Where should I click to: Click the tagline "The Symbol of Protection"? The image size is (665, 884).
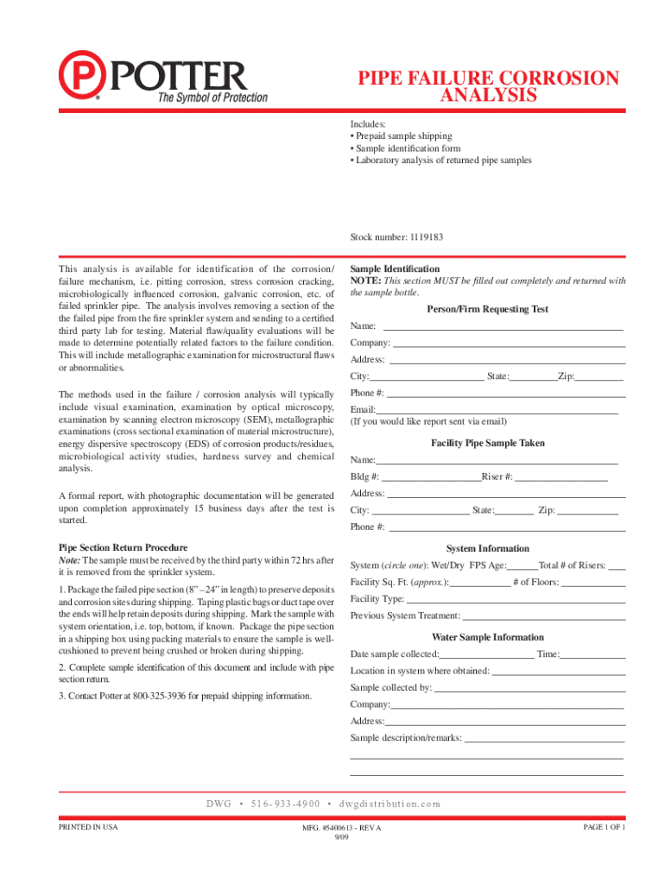point(212,98)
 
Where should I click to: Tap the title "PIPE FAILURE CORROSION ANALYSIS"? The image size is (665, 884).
point(488,86)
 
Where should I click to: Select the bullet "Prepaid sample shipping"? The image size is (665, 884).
point(403,136)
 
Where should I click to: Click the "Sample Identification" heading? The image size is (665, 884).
point(395,269)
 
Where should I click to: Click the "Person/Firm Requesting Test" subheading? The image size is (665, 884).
point(487,309)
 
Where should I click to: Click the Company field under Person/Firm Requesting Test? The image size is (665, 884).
point(509,344)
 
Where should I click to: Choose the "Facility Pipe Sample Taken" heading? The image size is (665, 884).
point(487,443)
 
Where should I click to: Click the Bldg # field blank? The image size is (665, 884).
point(430,477)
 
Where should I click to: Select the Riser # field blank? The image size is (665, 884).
point(561,477)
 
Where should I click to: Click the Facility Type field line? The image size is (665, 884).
point(515,599)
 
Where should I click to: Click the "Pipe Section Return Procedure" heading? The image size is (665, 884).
point(123,547)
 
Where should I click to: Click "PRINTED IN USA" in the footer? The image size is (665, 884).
point(88,827)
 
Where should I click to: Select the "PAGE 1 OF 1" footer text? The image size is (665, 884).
point(604,827)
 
